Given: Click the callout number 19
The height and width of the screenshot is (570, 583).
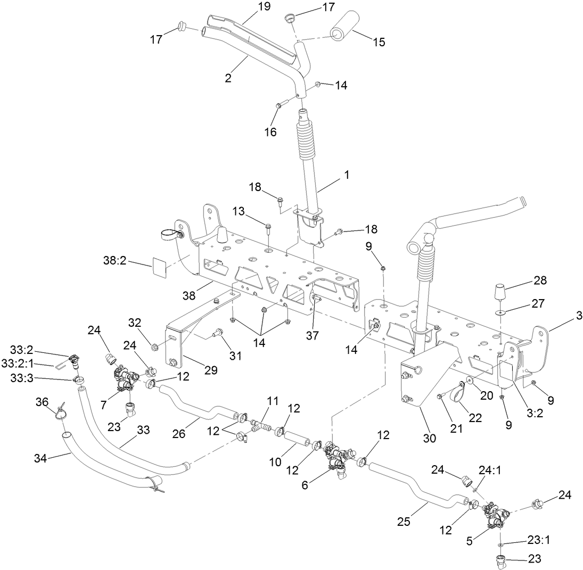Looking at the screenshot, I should coord(264,6).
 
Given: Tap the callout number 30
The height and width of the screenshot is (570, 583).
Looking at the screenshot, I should coord(430,438).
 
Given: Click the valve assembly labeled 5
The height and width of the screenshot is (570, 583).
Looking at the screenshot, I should coord(495,515).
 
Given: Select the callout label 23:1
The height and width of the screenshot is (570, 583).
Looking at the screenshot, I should coord(539,540).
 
